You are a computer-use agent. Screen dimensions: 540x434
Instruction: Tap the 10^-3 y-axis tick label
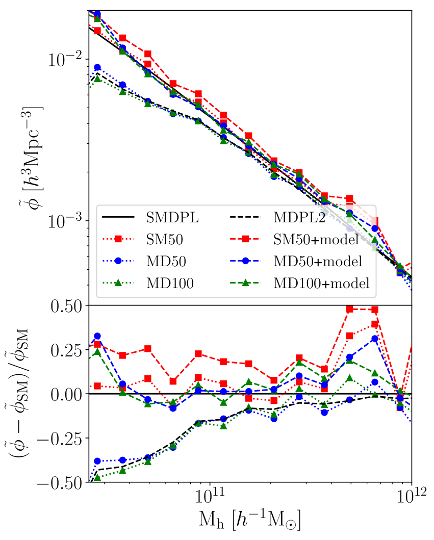click(66, 220)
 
